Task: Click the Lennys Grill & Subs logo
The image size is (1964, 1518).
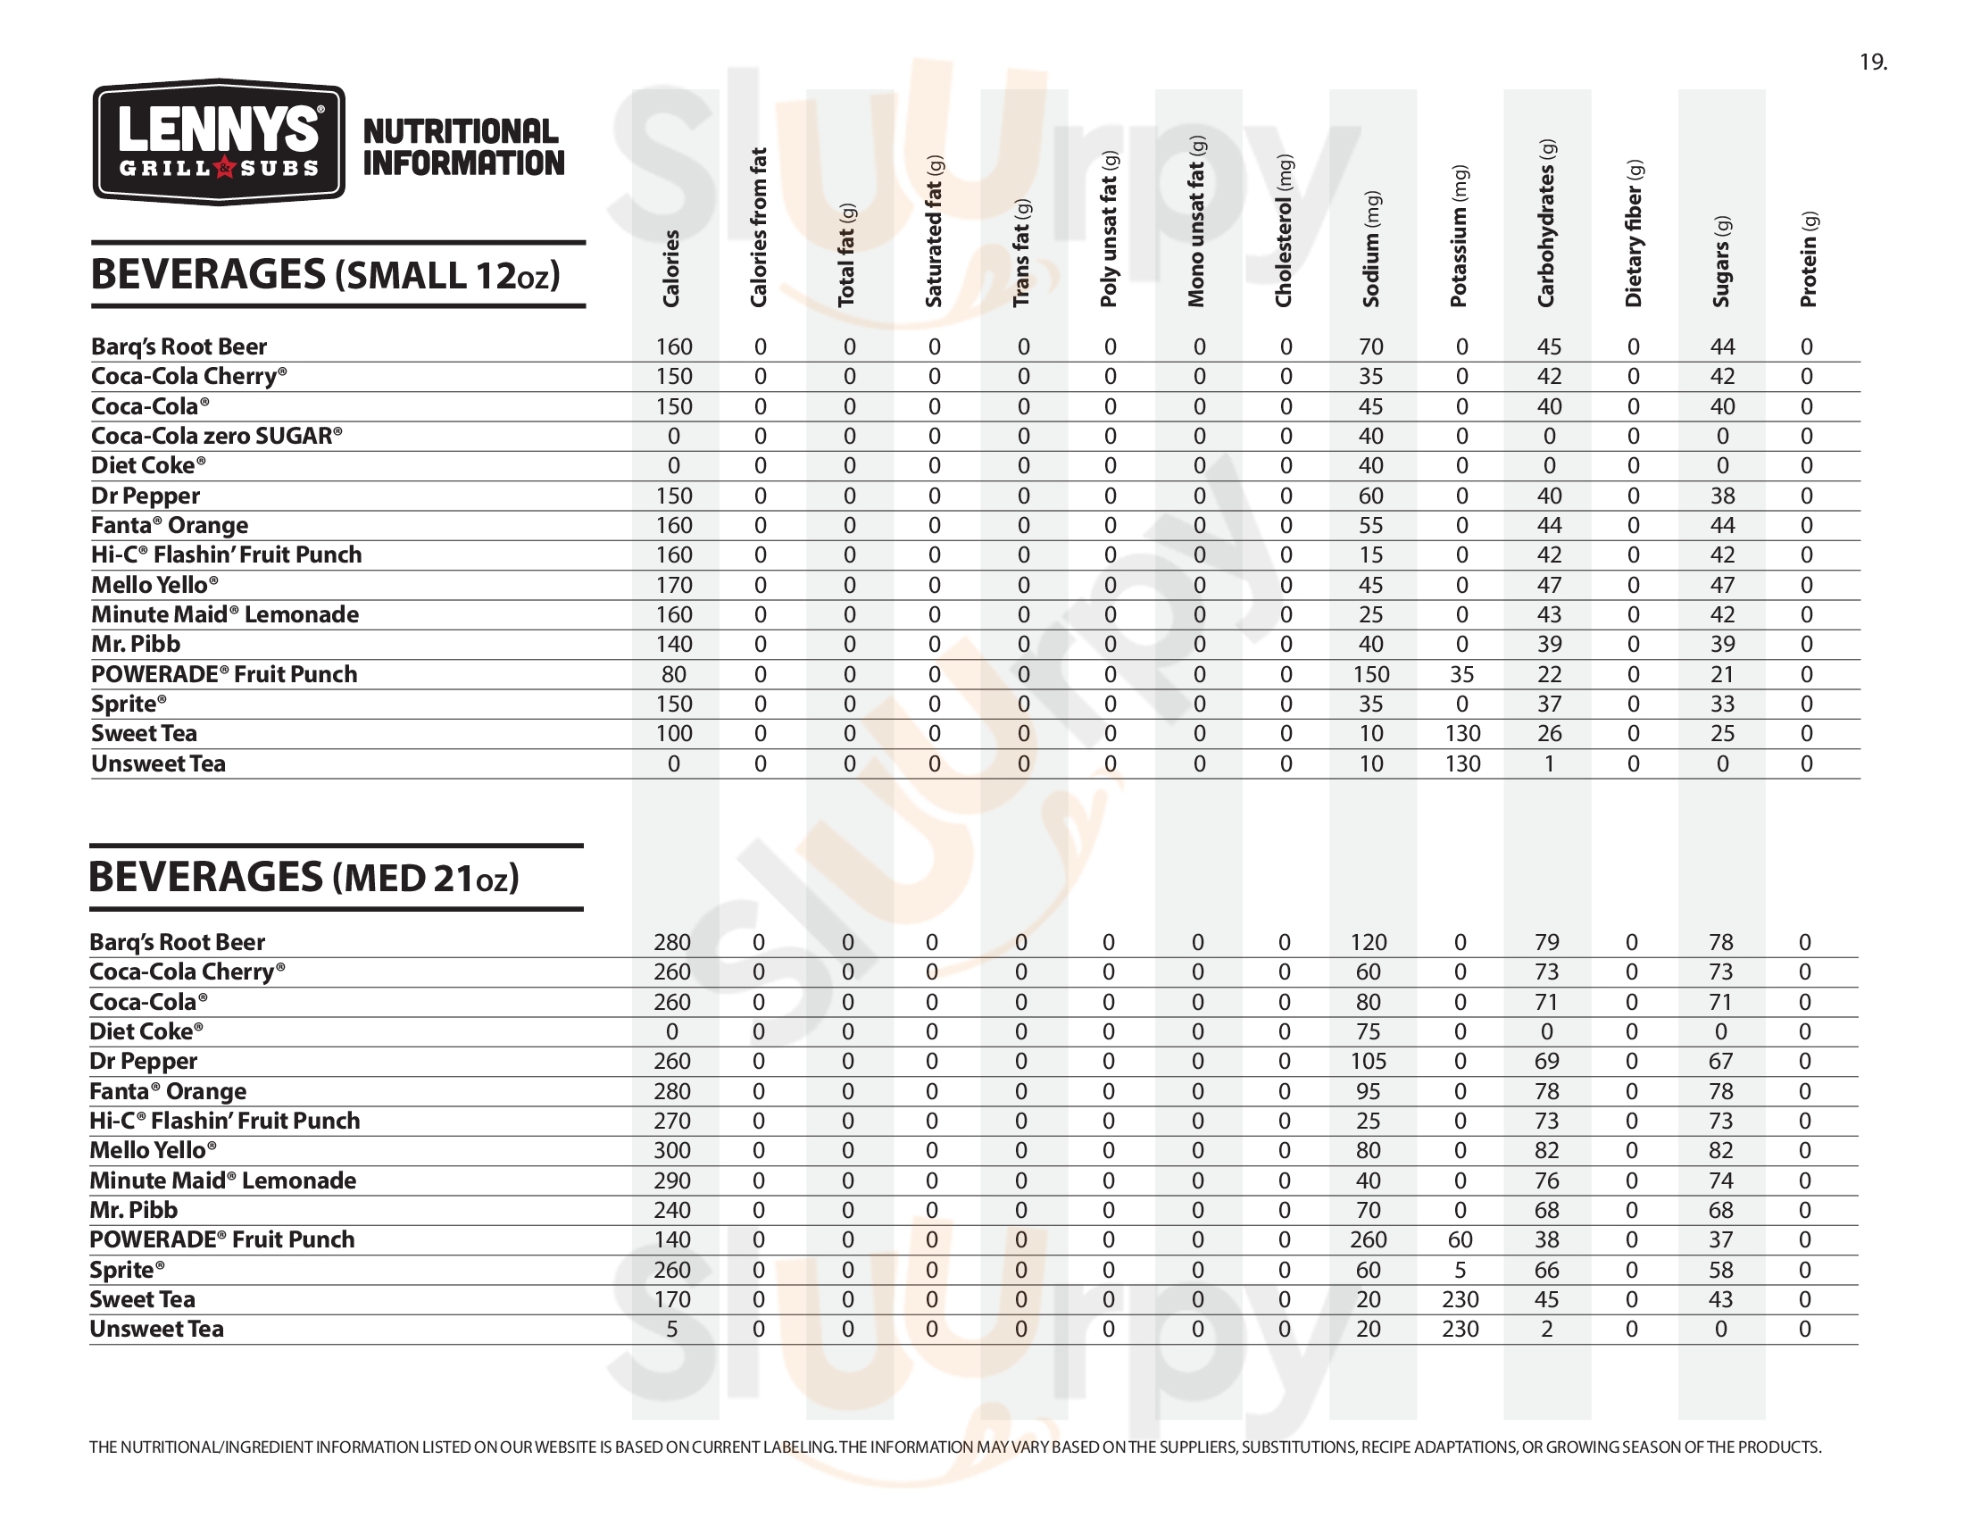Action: coord(219,142)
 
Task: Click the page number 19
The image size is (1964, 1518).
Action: coord(1873,62)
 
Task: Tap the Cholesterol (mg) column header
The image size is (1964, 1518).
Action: coord(1283,230)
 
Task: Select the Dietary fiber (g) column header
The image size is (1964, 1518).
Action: coord(1634,233)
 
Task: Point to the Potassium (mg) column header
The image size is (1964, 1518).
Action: coord(1459,236)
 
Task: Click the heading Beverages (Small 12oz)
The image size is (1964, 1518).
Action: coord(326,274)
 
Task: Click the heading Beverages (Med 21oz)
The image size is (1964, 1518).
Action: coord(304,877)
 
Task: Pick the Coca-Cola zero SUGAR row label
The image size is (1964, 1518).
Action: coord(216,436)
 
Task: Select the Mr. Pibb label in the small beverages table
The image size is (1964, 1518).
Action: coord(136,644)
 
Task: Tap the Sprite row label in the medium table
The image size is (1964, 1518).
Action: coord(127,1270)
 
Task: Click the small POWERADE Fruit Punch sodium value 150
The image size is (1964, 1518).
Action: coord(1371,674)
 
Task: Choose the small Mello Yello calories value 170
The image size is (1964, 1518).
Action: coord(673,586)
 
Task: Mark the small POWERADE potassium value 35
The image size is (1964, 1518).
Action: coord(1461,674)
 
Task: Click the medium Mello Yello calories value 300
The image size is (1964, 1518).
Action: coord(671,1150)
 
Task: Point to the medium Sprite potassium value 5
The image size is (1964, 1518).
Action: coord(1460,1270)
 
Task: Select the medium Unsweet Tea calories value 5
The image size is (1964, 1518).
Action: coord(671,1330)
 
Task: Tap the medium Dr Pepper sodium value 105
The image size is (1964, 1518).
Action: coord(1368,1061)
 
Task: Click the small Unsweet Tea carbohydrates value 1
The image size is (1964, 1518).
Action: coord(1549,763)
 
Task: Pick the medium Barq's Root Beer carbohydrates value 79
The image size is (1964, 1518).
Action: coord(1547,942)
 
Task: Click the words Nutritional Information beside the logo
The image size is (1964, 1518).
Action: coord(463,147)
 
